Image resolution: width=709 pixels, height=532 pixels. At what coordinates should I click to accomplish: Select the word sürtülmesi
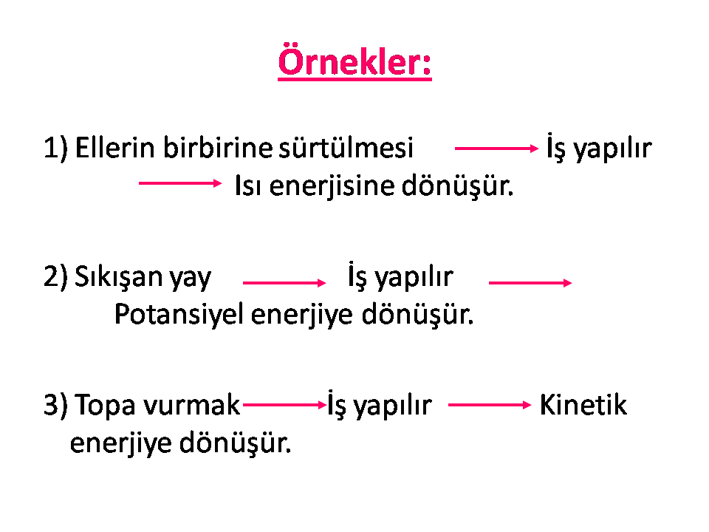346,148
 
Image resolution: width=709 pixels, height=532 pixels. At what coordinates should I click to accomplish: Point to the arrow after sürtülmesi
496,148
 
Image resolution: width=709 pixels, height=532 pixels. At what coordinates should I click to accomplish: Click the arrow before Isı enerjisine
180,183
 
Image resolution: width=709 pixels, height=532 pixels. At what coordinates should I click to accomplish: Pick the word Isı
248,185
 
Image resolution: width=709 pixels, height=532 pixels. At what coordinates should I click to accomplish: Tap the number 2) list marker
55,276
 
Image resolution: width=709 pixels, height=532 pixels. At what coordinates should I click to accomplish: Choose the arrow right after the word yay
284,283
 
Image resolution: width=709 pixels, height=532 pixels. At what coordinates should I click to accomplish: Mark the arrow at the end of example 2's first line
530,283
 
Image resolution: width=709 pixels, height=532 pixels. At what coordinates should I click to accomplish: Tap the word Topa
106,405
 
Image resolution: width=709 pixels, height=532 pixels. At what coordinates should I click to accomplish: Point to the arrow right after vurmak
285,404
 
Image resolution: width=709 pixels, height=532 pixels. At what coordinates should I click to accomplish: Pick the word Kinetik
583,404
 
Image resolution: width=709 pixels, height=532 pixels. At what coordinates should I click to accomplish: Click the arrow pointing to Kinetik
490,405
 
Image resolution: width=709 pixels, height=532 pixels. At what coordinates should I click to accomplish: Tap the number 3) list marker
55,404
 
